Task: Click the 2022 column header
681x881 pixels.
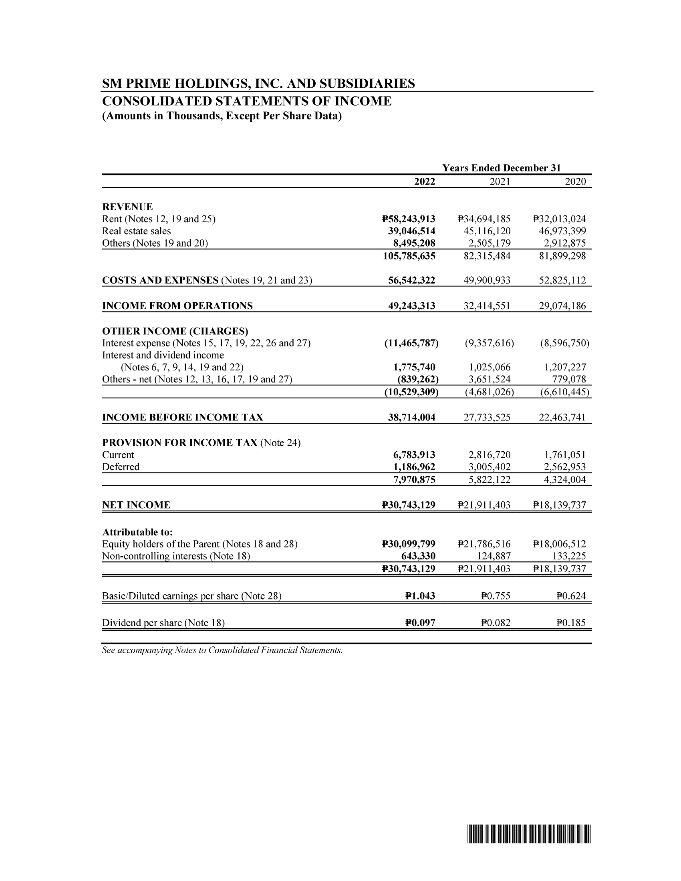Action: pos(424,182)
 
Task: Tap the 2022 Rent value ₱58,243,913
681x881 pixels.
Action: pos(408,219)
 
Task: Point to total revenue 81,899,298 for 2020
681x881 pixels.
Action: pos(562,256)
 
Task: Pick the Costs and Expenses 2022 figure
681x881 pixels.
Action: pos(411,280)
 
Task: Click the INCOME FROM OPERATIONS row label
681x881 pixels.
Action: pos(177,306)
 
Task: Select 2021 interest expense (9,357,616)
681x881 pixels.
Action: pos(490,343)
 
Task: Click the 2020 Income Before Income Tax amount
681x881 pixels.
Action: pos(562,417)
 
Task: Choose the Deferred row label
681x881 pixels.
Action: pos(121,467)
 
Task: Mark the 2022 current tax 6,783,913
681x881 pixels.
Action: pos(414,455)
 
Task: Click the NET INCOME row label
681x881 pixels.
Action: pos(136,505)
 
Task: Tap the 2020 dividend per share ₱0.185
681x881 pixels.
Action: pos(571,623)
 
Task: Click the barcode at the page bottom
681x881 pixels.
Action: pos(528,835)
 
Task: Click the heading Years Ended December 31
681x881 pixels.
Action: pos(501,168)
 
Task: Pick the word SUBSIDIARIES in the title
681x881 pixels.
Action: pos(367,84)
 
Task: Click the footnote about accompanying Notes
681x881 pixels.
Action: pos(222,650)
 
